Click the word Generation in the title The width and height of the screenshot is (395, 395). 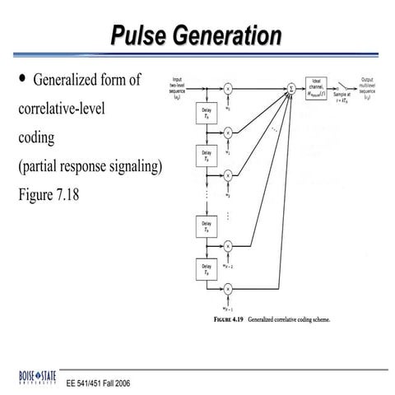point(230,36)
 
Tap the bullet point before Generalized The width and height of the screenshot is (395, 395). point(22,80)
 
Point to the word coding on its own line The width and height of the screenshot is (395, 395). point(35,137)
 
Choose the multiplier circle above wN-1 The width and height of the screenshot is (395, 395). point(228,288)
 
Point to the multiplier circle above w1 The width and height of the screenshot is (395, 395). point(228,131)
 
